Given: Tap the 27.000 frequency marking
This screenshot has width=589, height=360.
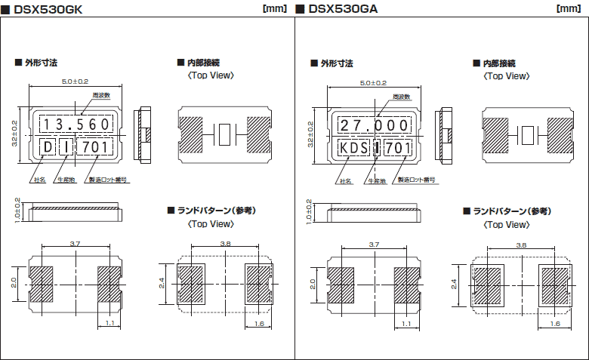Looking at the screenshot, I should pyautogui.click(x=373, y=125).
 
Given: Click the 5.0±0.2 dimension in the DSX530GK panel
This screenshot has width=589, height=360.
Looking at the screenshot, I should pyautogui.click(x=74, y=81).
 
